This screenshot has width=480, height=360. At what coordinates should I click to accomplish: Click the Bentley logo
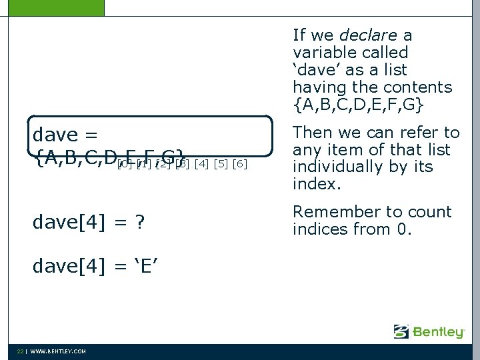[429, 331]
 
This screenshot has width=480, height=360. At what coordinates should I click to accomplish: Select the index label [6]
[240, 164]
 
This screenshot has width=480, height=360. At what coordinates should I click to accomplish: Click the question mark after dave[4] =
[139, 221]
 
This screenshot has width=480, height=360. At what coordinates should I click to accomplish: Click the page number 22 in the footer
[21, 351]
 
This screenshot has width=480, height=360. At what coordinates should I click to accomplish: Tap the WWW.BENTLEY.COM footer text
[58, 351]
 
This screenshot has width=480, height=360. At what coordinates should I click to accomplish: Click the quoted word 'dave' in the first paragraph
[317, 69]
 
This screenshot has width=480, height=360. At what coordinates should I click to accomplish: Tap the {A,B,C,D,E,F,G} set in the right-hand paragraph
[357, 105]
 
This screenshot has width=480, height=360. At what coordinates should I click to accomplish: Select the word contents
[418, 87]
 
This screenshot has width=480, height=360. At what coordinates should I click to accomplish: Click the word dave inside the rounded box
[55, 135]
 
